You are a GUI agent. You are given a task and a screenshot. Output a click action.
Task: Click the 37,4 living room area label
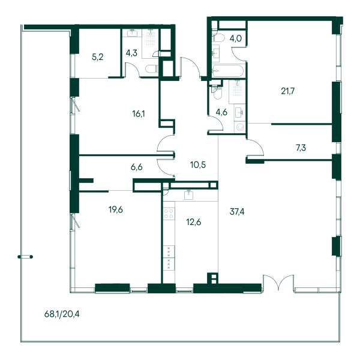(237, 212)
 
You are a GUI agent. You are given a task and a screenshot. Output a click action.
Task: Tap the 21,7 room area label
(287, 91)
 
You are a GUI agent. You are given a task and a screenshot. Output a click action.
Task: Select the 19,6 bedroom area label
(116, 209)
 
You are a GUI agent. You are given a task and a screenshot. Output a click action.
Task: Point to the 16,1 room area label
(139, 113)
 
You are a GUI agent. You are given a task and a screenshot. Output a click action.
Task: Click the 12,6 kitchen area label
(194, 222)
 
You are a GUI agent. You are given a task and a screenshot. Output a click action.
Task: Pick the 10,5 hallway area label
(198, 164)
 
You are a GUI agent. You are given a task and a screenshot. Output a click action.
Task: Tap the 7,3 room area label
(301, 148)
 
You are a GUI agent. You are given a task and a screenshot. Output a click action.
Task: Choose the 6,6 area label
(137, 167)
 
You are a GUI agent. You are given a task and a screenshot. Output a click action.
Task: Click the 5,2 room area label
(98, 57)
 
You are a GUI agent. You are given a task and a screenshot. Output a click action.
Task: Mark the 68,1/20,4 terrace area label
(62, 314)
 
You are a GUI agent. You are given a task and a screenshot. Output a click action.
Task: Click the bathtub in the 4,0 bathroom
(227, 70)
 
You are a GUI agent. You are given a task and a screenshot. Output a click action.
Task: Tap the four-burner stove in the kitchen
(169, 213)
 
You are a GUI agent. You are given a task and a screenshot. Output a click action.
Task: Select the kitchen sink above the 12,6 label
(189, 195)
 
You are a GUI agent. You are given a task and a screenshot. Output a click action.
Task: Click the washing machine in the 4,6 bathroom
(240, 127)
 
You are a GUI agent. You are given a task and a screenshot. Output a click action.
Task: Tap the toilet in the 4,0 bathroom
(218, 38)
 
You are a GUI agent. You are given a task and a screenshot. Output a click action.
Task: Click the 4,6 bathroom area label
(221, 112)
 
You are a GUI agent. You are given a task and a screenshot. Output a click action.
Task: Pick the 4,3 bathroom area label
(131, 53)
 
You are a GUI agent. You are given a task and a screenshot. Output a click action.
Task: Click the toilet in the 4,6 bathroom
(217, 92)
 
